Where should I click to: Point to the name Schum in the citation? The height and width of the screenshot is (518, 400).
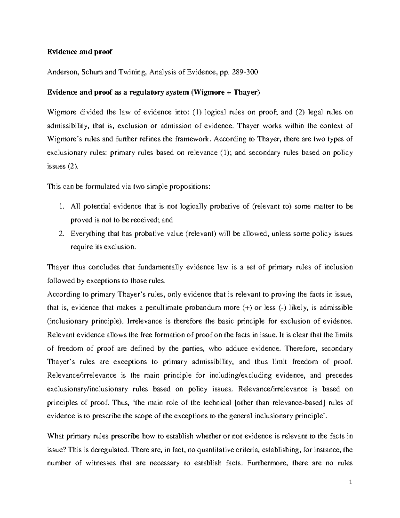click(x=92, y=72)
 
